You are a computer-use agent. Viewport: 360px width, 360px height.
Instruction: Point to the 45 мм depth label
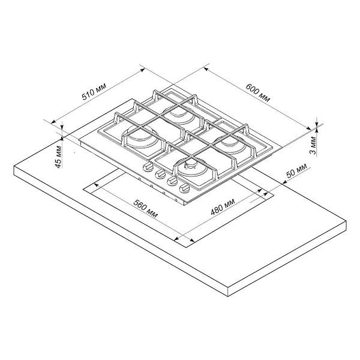(58, 155)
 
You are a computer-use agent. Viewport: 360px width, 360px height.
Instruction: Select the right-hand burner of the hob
(229, 144)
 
